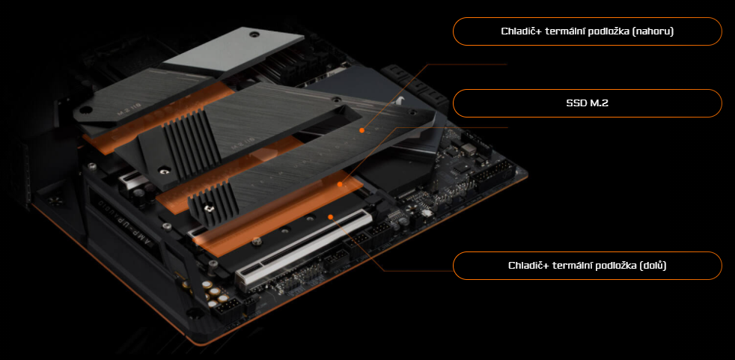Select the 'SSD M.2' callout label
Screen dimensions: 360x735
coord(588,103)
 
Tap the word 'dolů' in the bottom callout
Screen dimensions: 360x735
coord(653,266)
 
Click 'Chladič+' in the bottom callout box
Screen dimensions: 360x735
coord(528,266)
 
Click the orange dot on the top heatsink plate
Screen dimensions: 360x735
coord(362,129)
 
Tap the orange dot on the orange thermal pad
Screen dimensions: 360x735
coord(341,183)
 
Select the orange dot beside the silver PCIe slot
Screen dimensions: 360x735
coord(330,217)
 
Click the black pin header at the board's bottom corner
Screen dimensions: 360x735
coord(228,307)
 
